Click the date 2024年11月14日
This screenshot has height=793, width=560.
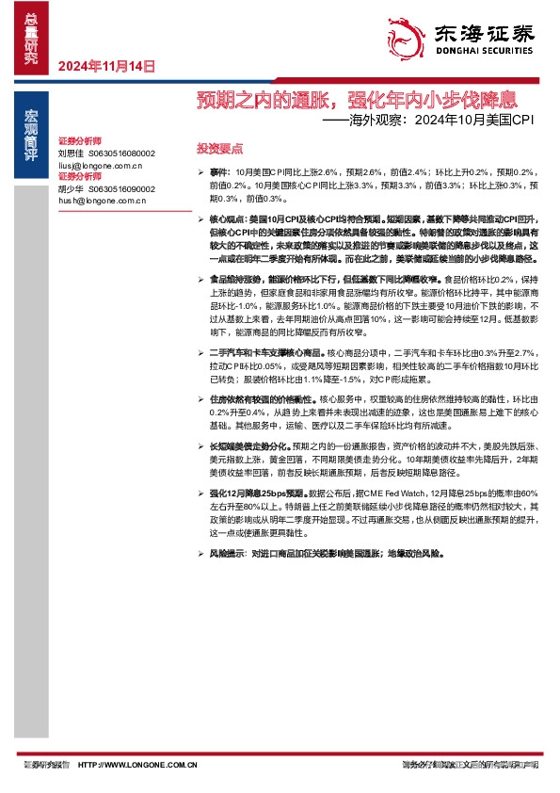click(x=104, y=66)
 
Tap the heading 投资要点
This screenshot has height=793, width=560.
click(x=219, y=149)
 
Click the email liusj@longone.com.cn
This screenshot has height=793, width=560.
click(x=100, y=165)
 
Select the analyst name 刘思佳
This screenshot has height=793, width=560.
click(x=71, y=153)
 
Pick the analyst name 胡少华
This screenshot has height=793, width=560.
click(x=71, y=188)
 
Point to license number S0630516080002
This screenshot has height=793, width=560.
click(x=121, y=153)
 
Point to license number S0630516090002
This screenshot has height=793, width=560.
click(x=121, y=188)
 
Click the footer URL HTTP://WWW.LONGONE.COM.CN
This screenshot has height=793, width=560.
click(x=138, y=765)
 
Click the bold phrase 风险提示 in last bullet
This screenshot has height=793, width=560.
click(x=229, y=555)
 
